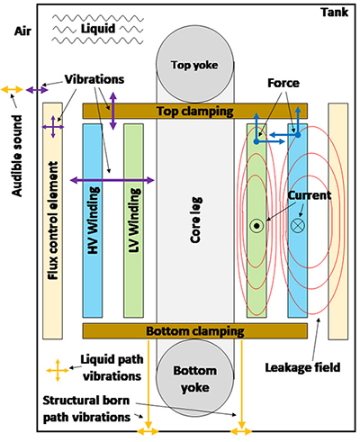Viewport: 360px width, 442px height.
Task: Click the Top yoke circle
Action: pyautogui.click(x=194, y=65)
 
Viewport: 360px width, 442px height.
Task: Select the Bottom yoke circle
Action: pyautogui.click(x=194, y=378)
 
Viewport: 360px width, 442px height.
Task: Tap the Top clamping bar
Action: pyautogui.click(x=195, y=111)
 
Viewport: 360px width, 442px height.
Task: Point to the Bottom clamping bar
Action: pyautogui.click(x=195, y=331)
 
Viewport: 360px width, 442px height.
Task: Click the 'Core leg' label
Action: pyautogui.click(x=196, y=220)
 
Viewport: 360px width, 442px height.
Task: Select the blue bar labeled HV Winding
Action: pyautogui.click(x=93, y=221)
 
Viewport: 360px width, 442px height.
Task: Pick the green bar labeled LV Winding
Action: pyautogui.click(x=133, y=221)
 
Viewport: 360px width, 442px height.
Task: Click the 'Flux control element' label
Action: pyautogui.click(x=53, y=221)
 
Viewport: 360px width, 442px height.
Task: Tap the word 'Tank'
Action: pyautogui.click(x=335, y=13)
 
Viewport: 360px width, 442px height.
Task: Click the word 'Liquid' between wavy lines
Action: pyautogui.click(x=98, y=29)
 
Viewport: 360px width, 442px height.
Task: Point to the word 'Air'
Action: pyautogui.click(x=22, y=32)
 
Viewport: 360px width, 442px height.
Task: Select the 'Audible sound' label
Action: pyautogui.click(x=17, y=156)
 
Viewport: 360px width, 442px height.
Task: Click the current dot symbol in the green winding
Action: pyautogui.click(x=256, y=226)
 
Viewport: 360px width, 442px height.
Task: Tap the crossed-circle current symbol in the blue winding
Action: pyautogui.click(x=298, y=225)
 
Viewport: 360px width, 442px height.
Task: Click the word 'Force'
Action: pyautogui.click(x=283, y=83)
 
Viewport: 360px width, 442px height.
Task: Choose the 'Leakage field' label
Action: pyautogui.click(x=302, y=367)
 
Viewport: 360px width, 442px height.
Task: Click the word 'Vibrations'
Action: pyautogui.click(x=94, y=79)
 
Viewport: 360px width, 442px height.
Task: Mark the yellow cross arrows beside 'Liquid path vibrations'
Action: pyautogui.click(x=58, y=370)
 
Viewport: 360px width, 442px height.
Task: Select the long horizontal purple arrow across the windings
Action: pyautogui.click(x=112, y=180)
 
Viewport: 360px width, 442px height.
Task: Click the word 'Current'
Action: pyautogui.click(x=310, y=195)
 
